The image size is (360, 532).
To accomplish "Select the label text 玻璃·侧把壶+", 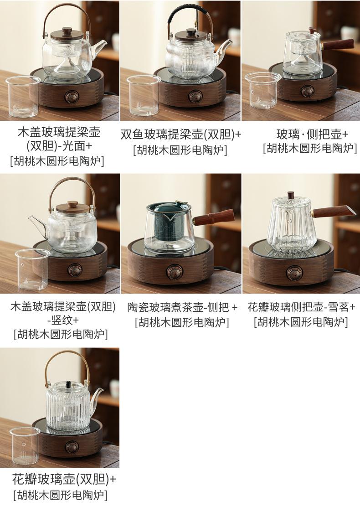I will tap(312, 134).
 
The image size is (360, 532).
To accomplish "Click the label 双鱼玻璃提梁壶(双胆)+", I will tap(181, 135).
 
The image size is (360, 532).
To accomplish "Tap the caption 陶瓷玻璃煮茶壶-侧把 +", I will tap(182, 308).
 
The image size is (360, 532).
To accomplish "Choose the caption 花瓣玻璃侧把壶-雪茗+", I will tap(301, 307).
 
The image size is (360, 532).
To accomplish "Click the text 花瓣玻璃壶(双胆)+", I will tap(64, 480).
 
